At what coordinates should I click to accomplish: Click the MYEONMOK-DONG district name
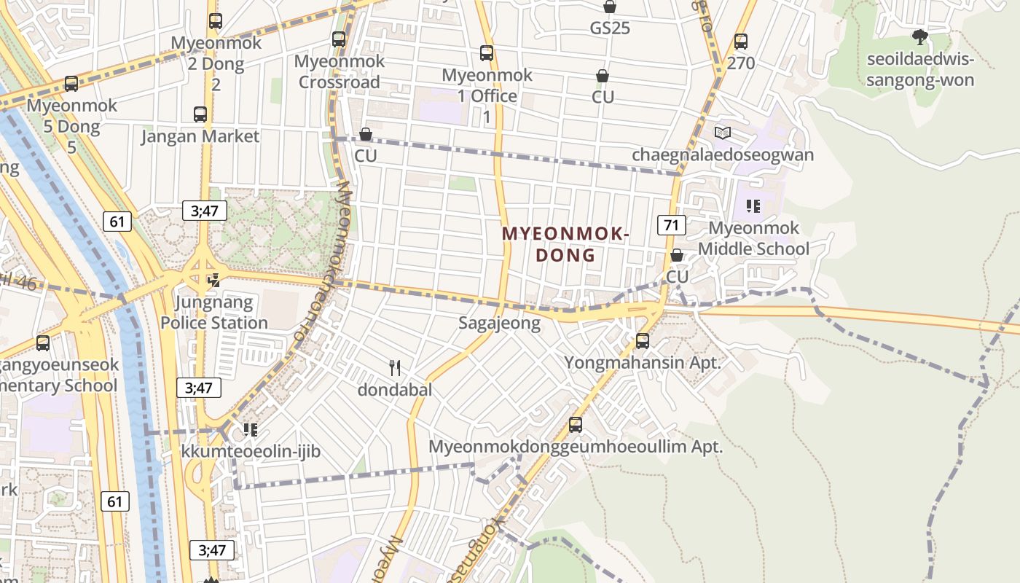tap(565, 244)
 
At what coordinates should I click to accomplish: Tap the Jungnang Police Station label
tap(214, 312)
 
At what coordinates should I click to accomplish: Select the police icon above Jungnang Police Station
tap(213, 280)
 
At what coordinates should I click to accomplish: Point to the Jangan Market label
tap(200, 136)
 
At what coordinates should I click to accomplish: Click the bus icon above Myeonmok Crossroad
tap(339, 39)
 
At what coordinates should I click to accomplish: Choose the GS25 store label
tap(610, 28)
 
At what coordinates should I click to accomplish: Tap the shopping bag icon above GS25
tap(610, 7)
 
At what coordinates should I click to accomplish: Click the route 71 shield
tap(671, 224)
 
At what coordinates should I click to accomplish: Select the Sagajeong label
tap(500, 323)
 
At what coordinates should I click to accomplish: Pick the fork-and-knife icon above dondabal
tap(395, 367)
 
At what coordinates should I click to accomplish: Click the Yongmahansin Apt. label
tap(643, 362)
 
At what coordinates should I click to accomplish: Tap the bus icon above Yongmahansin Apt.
tap(643, 340)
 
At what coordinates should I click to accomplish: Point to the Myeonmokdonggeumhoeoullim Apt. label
tap(576, 446)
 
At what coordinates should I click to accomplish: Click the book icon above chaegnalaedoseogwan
tap(723, 133)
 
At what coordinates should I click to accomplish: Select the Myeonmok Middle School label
tap(754, 238)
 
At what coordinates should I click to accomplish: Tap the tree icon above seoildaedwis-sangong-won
tap(920, 36)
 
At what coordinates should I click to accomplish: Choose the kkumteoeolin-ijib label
tap(251, 452)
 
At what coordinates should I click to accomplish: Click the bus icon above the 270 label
tap(741, 42)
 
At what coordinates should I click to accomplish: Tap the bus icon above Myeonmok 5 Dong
tap(71, 84)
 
